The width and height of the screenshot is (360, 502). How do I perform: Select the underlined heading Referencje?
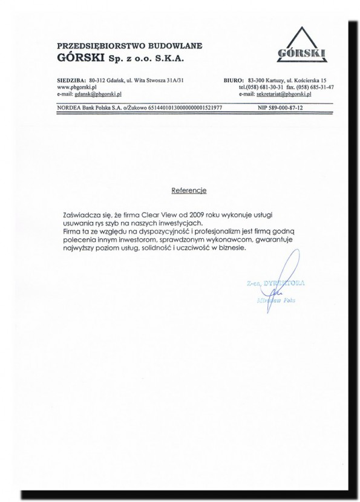click(x=189, y=191)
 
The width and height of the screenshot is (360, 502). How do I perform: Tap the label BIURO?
click(x=233, y=80)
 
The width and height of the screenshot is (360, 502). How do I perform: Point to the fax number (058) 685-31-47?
click(x=315, y=87)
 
